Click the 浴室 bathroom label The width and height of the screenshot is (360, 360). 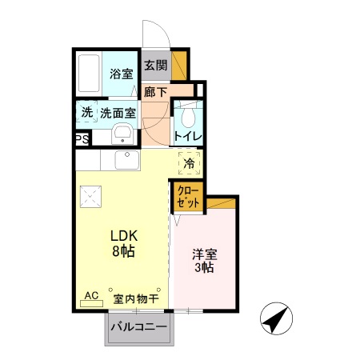pyautogui.click(x=121, y=74)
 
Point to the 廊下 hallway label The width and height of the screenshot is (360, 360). pyautogui.click(x=155, y=92)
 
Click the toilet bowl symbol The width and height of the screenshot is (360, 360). pyautogui.click(x=189, y=118)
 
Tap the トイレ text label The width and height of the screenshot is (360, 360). pyautogui.click(x=188, y=137)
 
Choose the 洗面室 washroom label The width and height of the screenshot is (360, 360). pyautogui.click(x=118, y=113)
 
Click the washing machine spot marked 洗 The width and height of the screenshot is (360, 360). pyautogui.click(x=86, y=113)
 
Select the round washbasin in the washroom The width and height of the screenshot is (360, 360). pyautogui.click(x=122, y=134)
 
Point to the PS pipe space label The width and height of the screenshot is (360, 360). pyautogui.click(x=82, y=139)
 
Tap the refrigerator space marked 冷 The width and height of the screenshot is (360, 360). pyautogui.click(x=190, y=164)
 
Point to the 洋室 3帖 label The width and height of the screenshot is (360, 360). pyautogui.click(x=204, y=261)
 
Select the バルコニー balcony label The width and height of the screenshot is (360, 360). pyautogui.click(x=138, y=327)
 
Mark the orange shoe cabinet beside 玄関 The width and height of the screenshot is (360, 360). pyautogui.click(x=180, y=65)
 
